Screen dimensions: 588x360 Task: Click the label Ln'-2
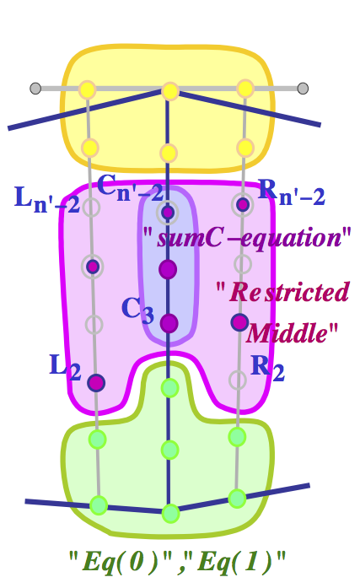[x=47, y=200]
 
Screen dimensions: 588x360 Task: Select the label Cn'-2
[x=130, y=187]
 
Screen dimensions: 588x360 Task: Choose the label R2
[x=267, y=368]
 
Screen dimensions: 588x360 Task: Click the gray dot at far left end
[x=35, y=88]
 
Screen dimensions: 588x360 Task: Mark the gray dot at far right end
[x=303, y=88]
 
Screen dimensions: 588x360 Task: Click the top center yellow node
[x=169, y=91]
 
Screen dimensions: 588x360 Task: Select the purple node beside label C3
[x=169, y=323]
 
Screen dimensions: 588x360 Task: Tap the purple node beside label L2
[x=96, y=383]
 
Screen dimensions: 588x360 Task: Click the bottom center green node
[x=170, y=513]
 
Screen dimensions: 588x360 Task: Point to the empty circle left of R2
[x=238, y=380]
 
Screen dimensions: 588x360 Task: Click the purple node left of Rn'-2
[x=243, y=204]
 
